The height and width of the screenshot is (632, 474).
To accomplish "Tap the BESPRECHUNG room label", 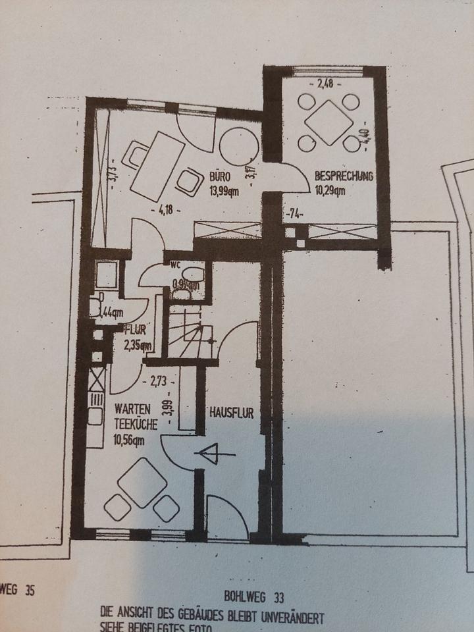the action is pyautogui.click(x=344, y=176).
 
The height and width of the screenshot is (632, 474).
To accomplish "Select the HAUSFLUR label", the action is pyautogui.click(x=231, y=413).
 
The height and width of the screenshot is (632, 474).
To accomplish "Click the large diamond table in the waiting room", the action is pyautogui.click(x=142, y=482).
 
